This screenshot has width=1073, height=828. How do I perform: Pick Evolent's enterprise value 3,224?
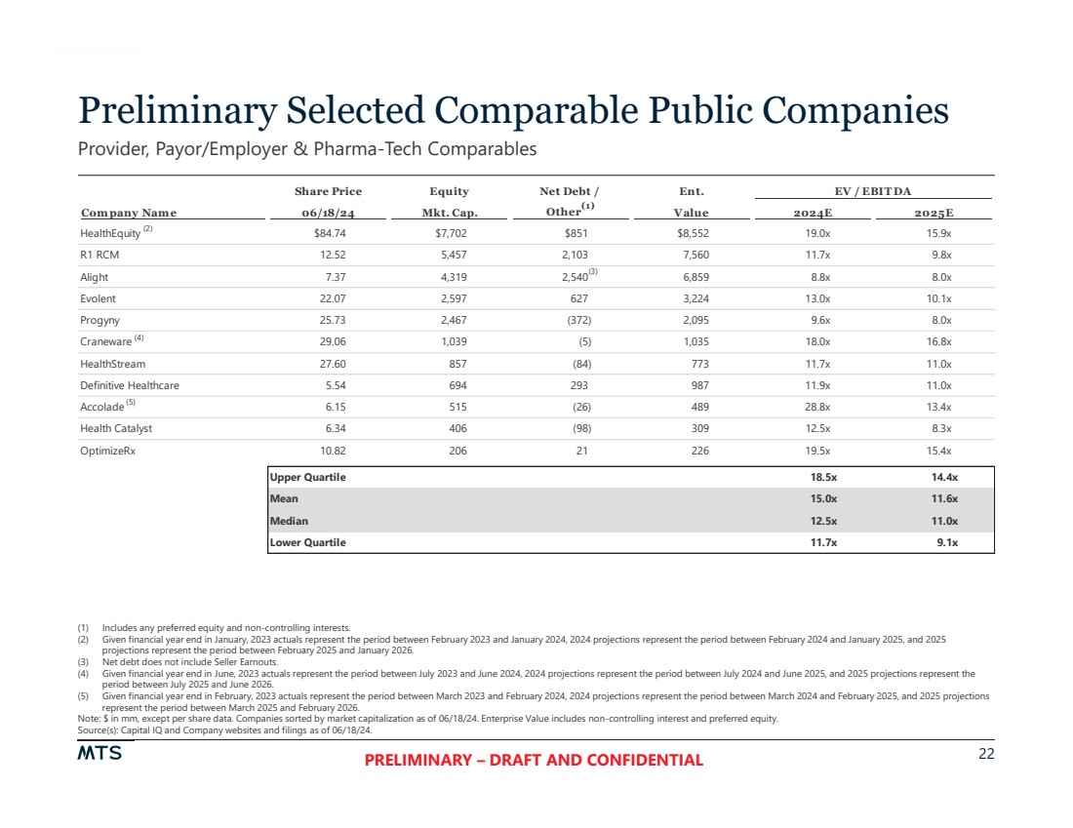692,299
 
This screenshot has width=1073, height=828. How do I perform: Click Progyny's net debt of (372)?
577,321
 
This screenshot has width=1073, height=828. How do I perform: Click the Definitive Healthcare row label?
130,385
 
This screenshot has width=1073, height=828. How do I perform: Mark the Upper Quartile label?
308,478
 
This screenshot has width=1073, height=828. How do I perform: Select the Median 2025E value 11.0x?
944,521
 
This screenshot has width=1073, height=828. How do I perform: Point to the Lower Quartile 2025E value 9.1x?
946,542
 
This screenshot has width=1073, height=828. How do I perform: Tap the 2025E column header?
934,213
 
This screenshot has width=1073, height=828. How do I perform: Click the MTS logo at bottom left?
99,755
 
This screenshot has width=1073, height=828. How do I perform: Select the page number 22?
984,754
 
